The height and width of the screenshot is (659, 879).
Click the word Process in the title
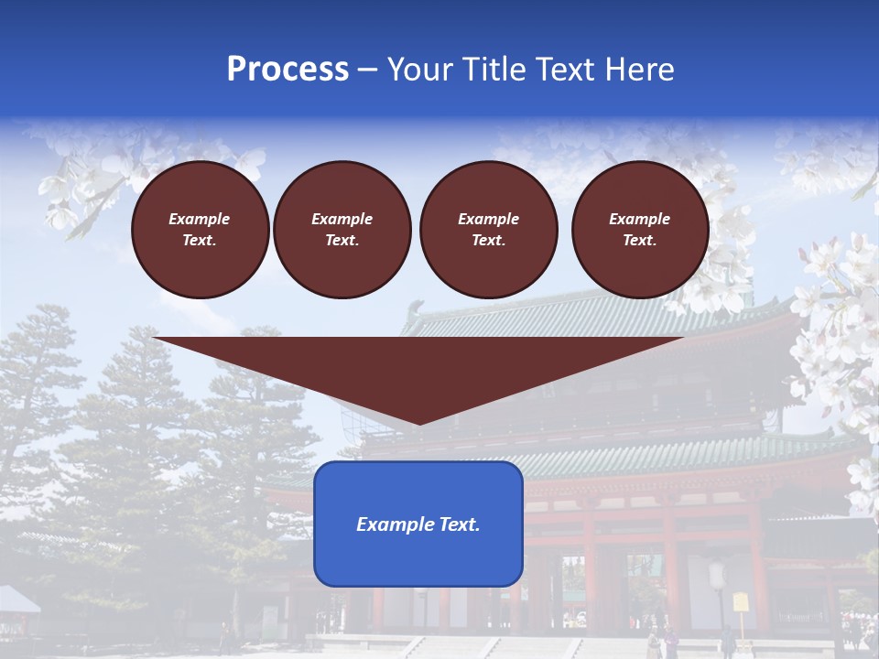coord(288,70)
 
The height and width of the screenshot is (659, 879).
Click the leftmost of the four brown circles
coord(201,230)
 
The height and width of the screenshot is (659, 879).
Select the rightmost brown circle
coord(640,230)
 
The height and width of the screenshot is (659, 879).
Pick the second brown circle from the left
coord(342,230)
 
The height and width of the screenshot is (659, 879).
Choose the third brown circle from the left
coord(489,230)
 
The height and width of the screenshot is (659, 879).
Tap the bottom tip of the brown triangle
coord(420,423)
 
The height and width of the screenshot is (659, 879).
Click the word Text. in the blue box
coord(459,524)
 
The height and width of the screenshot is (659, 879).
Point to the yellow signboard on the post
coord(740,602)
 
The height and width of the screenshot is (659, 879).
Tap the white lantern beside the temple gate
coord(717,576)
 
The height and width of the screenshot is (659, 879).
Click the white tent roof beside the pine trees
coord(18,600)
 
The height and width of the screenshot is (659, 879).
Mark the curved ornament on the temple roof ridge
coord(418,308)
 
